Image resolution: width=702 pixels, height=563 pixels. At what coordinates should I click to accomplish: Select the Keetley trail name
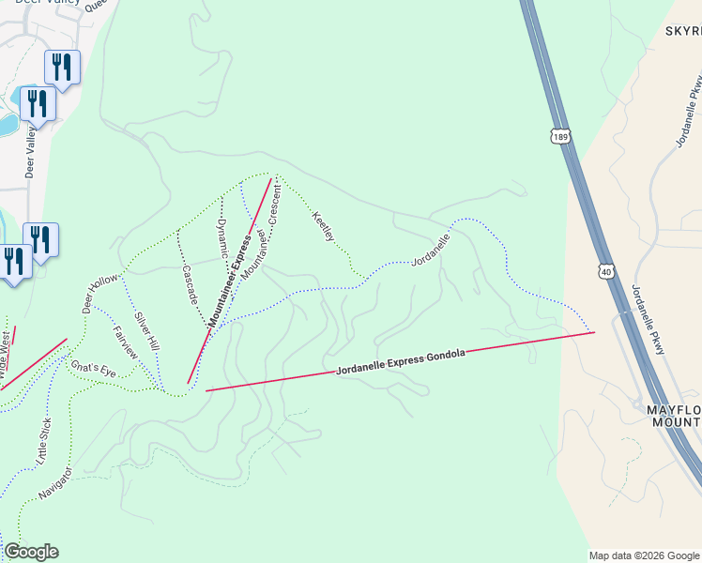click(x=322, y=226)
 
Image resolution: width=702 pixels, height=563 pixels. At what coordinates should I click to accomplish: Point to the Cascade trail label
click(x=189, y=282)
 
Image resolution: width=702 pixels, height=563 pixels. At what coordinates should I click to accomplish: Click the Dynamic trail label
click(x=221, y=238)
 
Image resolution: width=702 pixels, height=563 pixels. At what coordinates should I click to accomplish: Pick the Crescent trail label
click(x=274, y=204)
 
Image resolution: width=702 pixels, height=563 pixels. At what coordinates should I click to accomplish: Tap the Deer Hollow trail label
click(x=100, y=294)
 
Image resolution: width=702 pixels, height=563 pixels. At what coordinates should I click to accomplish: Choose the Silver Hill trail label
click(x=147, y=331)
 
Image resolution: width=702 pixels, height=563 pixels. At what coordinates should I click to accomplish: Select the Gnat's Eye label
click(x=94, y=368)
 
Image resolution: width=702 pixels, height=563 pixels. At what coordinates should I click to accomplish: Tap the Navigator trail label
click(x=55, y=479)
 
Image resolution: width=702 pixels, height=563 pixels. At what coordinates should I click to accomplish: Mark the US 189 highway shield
click(x=560, y=137)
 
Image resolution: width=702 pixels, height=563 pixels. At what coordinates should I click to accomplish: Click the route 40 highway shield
click(x=608, y=270)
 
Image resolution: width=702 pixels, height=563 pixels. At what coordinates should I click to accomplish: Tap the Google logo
click(x=31, y=552)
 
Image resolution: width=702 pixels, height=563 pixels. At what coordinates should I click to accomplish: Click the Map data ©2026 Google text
click(x=644, y=555)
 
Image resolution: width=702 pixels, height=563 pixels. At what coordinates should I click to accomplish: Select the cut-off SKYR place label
click(x=683, y=31)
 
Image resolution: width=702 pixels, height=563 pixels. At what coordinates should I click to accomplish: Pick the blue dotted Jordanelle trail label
click(x=431, y=249)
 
